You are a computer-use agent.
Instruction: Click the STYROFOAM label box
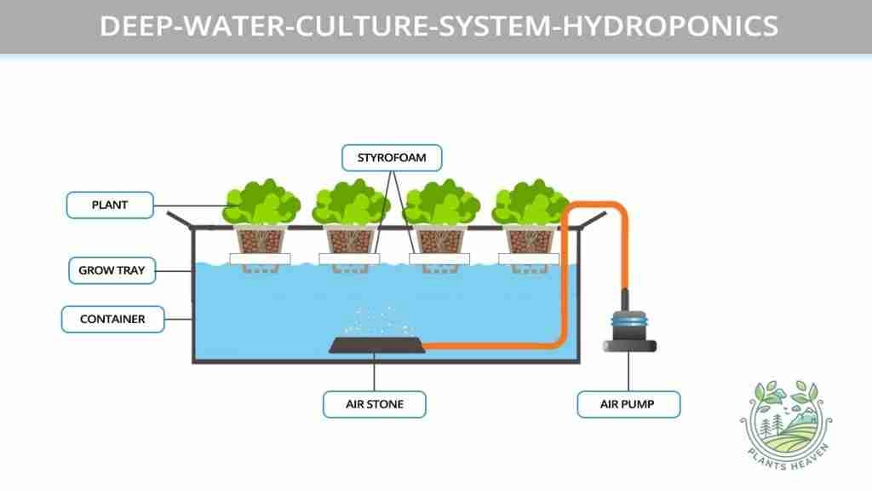click(x=392, y=158)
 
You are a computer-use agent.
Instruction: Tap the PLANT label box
click(x=110, y=205)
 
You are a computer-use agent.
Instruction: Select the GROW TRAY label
click(x=112, y=270)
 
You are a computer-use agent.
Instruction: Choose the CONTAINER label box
click(x=113, y=319)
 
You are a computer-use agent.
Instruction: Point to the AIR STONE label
click(x=375, y=404)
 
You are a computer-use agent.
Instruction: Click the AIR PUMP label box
click(x=628, y=404)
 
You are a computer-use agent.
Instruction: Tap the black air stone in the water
click(x=377, y=345)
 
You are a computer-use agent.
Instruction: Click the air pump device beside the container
click(x=629, y=328)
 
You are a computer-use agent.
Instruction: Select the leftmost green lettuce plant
click(x=261, y=202)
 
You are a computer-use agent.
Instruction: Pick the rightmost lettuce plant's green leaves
click(x=530, y=202)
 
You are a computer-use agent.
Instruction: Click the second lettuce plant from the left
click(x=351, y=202)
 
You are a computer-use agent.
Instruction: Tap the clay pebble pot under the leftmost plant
click(x=260, y=240)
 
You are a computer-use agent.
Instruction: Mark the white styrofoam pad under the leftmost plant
click(x=261, y=259)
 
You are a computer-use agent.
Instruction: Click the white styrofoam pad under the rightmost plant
click(x=529, y=259)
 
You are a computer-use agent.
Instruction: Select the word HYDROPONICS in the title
click(x=671, y=26)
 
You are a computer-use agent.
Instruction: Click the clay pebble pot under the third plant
click(x=439, y=240)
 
